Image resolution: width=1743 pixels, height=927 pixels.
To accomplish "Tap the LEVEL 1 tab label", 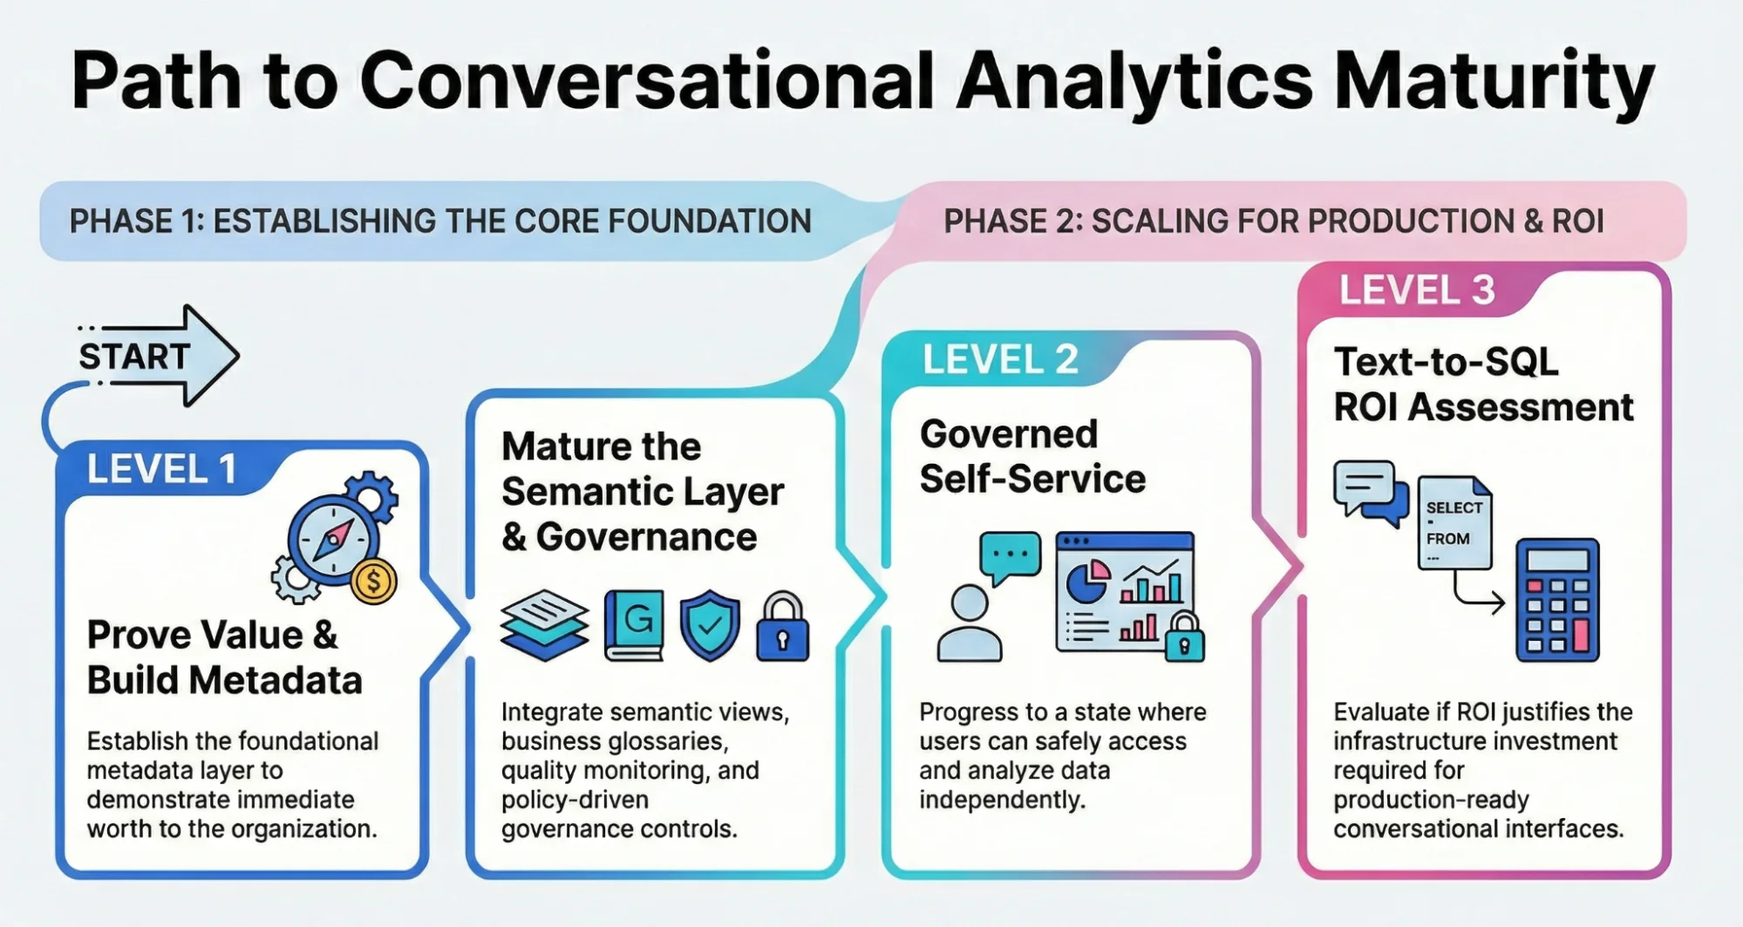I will coord(161,470).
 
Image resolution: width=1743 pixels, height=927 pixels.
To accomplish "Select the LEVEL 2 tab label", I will coord(999,359).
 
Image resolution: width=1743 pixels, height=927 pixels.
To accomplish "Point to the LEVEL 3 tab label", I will coord(1416,290).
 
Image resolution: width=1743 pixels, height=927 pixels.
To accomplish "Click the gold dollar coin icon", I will coord(374,582).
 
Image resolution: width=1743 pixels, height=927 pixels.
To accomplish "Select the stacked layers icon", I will coord(544,625).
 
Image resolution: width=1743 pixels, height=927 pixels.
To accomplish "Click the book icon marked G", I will coord(635,624).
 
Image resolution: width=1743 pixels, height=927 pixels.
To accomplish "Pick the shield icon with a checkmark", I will coord(710,624).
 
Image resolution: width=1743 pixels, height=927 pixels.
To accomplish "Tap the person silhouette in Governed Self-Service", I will coord(969,623).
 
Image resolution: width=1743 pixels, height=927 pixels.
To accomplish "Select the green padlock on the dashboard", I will coord(1183,638).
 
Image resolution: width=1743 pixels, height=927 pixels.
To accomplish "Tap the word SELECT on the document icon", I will coord(1454,508).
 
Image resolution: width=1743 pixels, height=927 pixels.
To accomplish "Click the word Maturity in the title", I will coord(1494,81).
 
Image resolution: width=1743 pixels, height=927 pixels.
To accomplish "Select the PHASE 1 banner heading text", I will coord(440,222).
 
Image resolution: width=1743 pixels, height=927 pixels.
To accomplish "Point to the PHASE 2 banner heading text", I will coord(1273,222).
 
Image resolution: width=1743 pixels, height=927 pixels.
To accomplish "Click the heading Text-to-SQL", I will coord(1446,362).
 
